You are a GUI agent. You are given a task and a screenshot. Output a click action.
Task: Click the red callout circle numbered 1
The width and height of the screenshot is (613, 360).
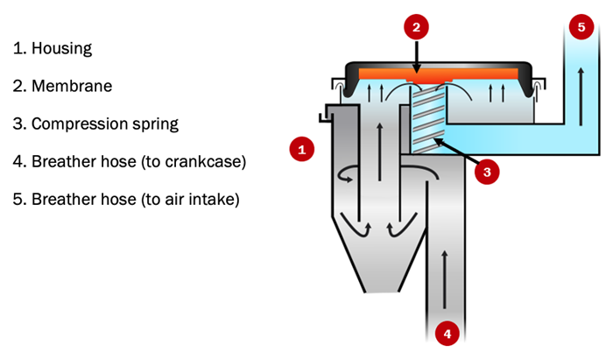tap(302, 149)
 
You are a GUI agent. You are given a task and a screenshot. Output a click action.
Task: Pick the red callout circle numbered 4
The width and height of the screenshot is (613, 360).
tap(447, 333)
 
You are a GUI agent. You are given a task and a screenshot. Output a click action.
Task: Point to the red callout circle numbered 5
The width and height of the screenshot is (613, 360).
tap(580, 27)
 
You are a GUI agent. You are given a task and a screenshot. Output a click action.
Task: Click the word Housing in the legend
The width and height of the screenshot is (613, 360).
tap(61, 48)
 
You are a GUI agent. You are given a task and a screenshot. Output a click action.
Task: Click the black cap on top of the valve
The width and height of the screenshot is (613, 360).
tap(438, 65)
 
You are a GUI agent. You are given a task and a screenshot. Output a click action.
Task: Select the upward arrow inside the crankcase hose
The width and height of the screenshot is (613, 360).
tap(447, 263)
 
